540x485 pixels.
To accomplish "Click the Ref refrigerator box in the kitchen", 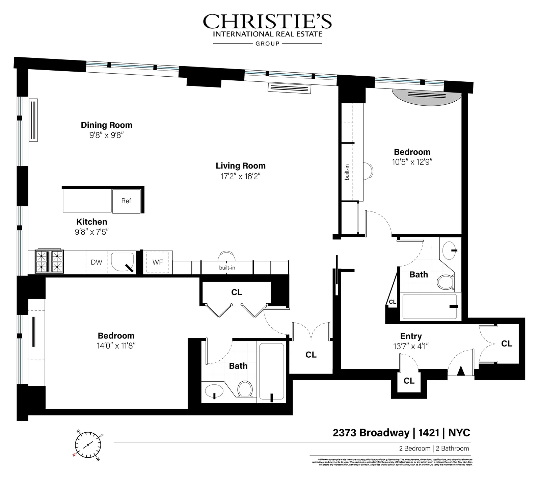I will pos(126,201).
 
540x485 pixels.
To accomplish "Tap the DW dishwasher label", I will pos(97,262).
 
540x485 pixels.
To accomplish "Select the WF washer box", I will pos(158,262).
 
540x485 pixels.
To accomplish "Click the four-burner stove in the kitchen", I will pos(49,261).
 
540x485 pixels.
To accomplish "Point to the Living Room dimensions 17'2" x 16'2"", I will pos(241,176).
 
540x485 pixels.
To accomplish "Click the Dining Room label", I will pos(106,125).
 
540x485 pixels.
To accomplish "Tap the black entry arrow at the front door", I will pos(461,371).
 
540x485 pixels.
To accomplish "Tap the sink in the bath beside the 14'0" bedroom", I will pos(214,391).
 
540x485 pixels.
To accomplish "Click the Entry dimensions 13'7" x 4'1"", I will pos(411,346).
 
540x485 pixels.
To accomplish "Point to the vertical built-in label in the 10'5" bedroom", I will pos(347,172).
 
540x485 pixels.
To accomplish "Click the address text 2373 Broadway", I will pos(371,433).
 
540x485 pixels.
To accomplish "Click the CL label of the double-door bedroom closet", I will pos(237,292).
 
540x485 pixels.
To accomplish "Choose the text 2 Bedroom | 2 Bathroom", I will pos(434,449).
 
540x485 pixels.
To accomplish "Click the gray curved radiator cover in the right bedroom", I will pos(427,97).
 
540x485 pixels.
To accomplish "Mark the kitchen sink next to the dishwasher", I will pos(122,262).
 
